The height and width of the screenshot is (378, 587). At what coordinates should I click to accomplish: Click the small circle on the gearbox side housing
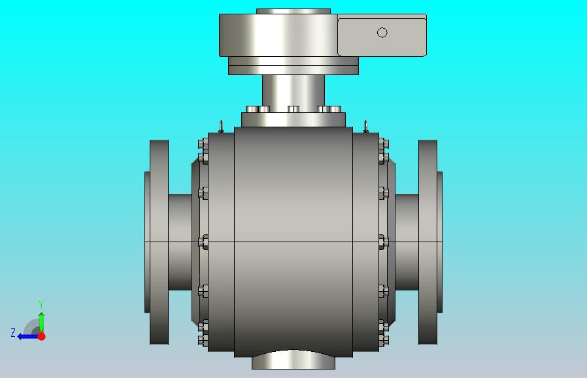click(x=382, y=33)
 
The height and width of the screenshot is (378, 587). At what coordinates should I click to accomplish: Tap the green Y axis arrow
click(x=42, y=322)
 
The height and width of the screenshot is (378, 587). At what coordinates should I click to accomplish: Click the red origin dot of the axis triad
click(x=42, y=336)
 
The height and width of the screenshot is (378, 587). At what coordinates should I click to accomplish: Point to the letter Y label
click(x=41, y=305)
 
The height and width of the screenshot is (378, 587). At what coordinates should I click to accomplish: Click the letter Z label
click(x=13, y=333)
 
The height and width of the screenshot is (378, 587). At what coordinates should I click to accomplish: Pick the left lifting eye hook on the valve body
click(x=221, y=127)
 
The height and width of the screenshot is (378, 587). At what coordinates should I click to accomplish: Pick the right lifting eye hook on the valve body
click(x=366, y=127)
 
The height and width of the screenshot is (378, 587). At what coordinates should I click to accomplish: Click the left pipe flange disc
click(x=159, y=242)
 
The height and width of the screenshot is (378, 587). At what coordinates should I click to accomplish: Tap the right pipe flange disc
click(x=428, y=242)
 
